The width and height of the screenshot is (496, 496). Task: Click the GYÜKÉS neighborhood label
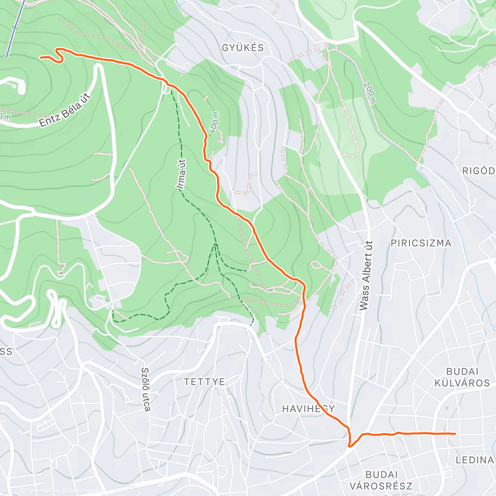[243, 48]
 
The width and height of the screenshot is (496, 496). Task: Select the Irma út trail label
[181, 175]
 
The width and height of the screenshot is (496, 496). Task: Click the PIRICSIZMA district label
[421, 243]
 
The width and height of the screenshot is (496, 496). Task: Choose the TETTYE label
[205, 382]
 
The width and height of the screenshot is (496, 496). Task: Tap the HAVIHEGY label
[308, 409]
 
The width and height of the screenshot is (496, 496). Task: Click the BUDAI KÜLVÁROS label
[462, 377]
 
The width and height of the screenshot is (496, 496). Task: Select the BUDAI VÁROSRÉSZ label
[381, 480]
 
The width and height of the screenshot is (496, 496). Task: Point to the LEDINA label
[475, 460]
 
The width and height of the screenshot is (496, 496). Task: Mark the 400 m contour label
[214, 123]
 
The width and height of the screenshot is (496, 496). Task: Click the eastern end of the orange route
[455, 434]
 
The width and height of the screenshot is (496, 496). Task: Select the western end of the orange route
[41, 57]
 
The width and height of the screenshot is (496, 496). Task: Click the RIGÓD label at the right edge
[479, 171]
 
